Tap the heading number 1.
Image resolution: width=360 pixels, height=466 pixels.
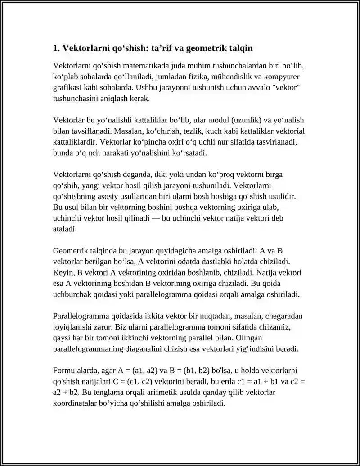(x=56, y=48)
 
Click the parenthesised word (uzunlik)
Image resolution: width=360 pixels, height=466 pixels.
(x=250, y=120)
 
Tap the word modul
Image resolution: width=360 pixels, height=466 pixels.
(x=220, y=120)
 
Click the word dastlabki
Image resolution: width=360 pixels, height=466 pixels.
(x=216, y=262)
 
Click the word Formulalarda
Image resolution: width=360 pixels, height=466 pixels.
(x=74, y=371)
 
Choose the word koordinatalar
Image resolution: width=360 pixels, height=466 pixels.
(x=75, y=403)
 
